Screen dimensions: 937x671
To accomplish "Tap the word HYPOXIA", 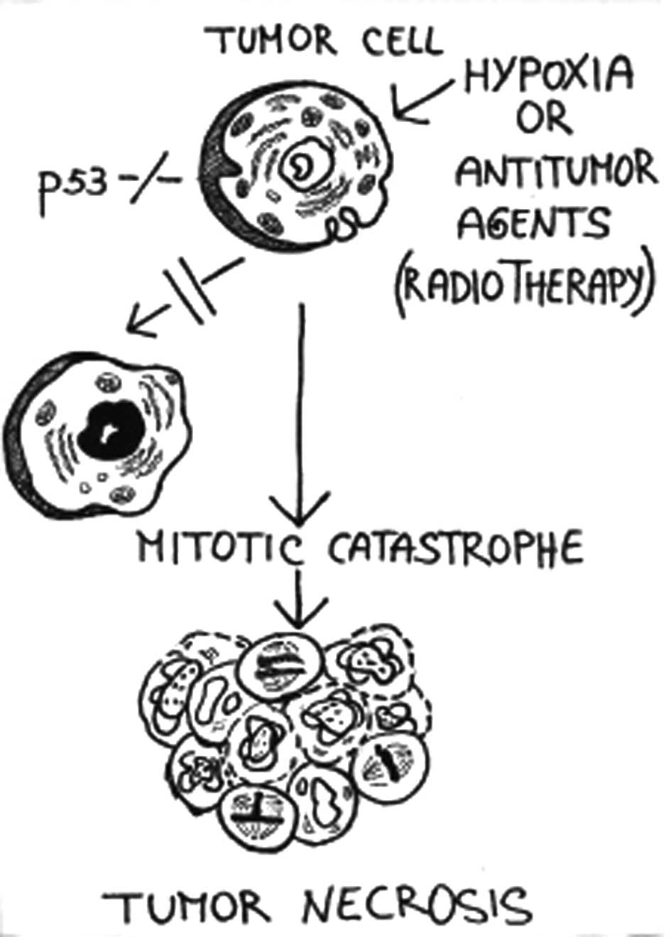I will (547, 74).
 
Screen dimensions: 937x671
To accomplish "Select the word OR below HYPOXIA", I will (543, 121).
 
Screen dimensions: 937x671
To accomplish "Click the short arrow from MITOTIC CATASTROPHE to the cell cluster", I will (298, 597).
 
